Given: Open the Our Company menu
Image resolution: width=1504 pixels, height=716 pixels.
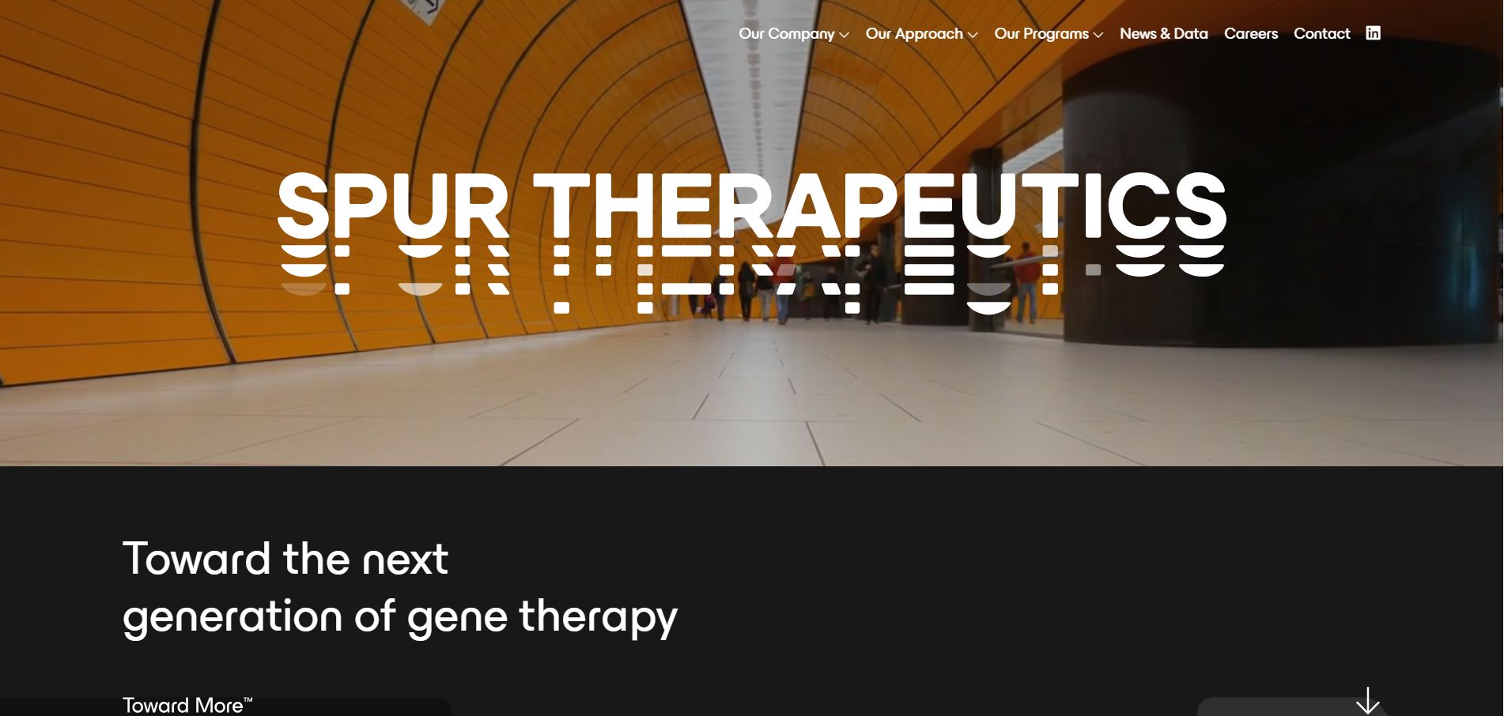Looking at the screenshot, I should [786, 34].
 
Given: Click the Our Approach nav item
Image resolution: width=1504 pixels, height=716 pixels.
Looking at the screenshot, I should [913, 34].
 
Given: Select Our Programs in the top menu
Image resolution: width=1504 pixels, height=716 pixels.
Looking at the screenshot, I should [1041, 34].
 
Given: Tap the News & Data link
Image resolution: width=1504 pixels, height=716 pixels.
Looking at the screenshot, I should [1163, 34].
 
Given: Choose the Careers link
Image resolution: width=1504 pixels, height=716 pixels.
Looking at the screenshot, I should [1250, 34].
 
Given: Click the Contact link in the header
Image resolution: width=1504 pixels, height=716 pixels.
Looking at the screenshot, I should [1321, 34].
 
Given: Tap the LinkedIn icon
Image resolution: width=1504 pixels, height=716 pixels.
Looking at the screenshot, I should [1373, 33].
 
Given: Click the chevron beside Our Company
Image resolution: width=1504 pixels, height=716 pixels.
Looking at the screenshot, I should [844, 36].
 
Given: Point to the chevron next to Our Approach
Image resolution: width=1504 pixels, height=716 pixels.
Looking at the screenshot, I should [973, 36].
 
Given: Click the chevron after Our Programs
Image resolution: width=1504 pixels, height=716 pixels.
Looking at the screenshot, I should [1098, 36].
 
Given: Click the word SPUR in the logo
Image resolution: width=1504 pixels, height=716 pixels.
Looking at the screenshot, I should [393, 205].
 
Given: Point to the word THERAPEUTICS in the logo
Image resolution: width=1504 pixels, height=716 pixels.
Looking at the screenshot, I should [879, 205].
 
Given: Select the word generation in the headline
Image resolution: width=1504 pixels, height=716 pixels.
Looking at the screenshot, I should [232, 616].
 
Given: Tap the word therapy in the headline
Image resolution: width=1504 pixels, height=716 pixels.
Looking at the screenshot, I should [598, 616].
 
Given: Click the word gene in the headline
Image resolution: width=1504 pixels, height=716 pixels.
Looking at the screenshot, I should [457, 616].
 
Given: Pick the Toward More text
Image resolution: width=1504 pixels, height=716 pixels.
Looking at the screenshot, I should [183, 705].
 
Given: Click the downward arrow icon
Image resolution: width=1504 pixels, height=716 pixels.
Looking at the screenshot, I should [1367, 701].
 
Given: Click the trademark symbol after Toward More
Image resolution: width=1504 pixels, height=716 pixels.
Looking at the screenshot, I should [248, 700].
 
